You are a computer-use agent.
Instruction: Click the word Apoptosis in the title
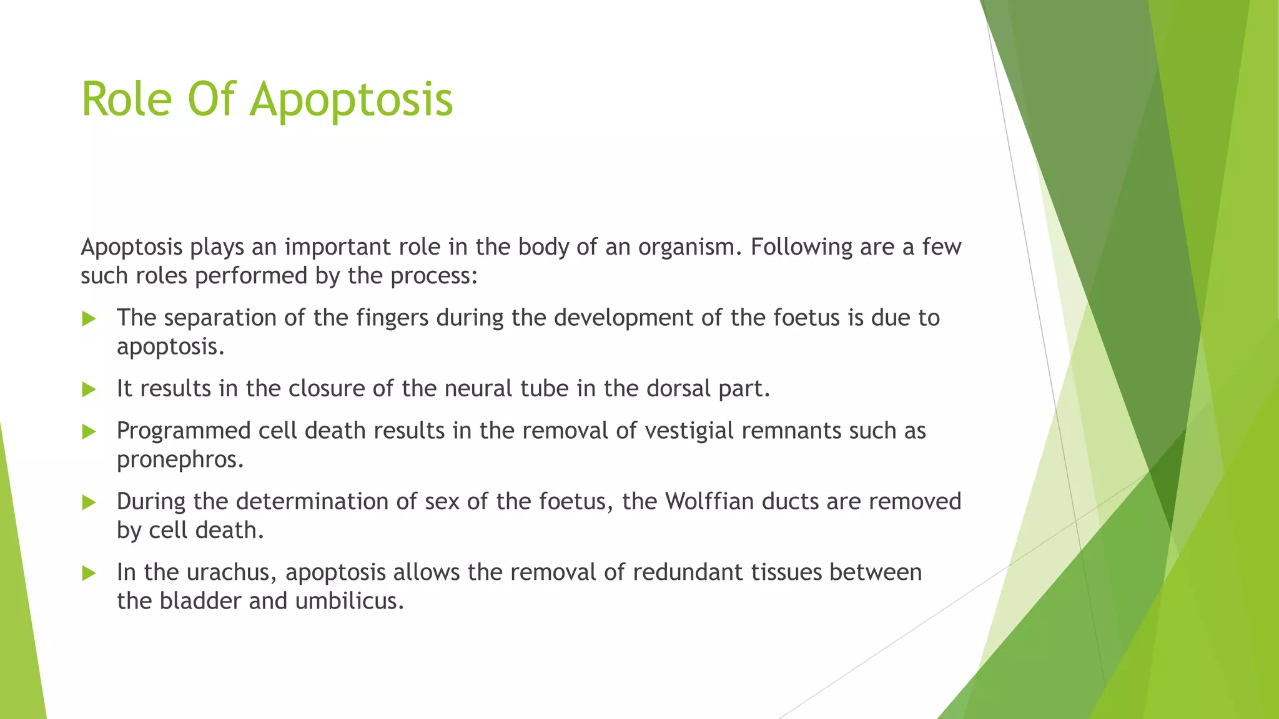(352, 100)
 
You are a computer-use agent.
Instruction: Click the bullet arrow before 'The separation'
(89, 319)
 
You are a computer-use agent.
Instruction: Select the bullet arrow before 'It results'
(89, 390)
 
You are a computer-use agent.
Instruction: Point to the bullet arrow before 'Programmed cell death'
(89, 431)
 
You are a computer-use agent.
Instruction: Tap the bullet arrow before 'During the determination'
(89, 502)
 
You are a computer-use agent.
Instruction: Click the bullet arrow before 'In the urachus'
(89, 573)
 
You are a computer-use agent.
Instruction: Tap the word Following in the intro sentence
(801, 248)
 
